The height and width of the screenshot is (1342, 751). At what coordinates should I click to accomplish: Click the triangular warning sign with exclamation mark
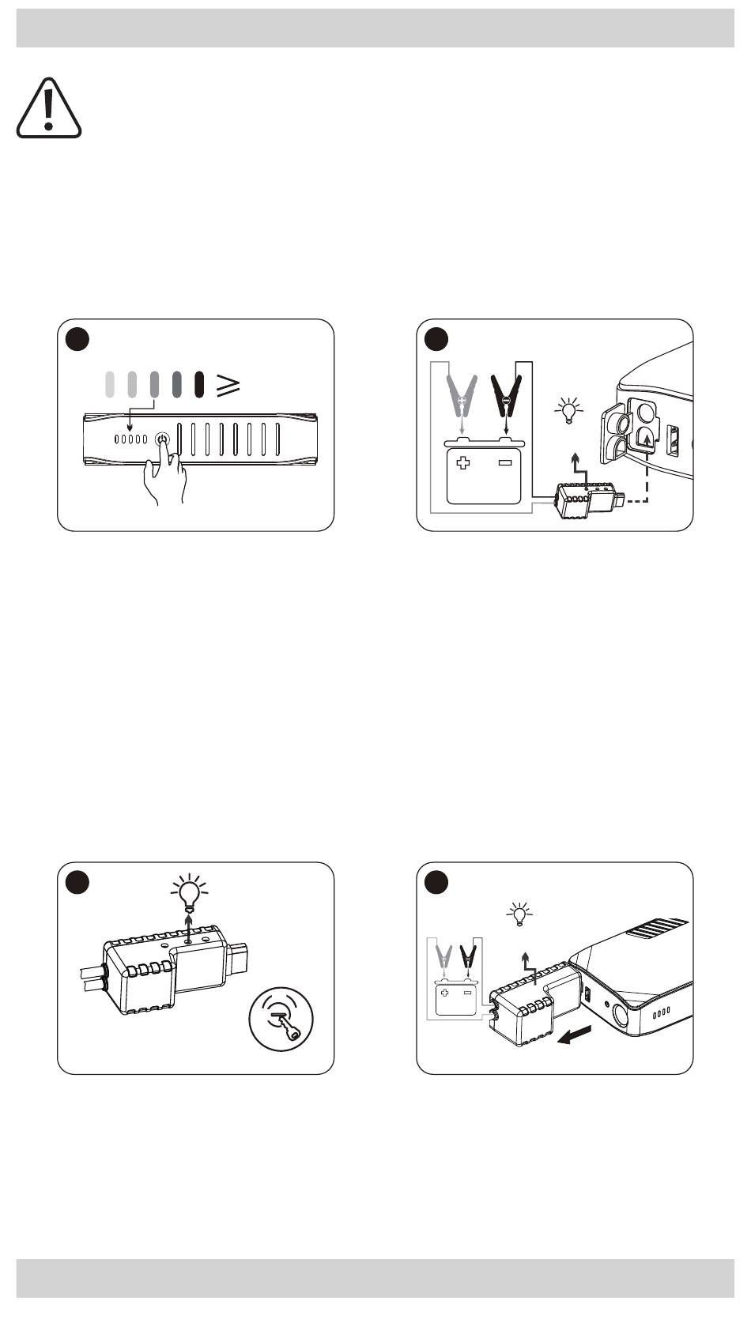[49, 111]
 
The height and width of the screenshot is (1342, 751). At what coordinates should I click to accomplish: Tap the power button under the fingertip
[162, 439]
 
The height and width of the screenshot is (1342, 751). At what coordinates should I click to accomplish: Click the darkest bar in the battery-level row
[200, 383]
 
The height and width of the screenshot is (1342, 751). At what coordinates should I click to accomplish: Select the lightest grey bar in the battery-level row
[110, 383]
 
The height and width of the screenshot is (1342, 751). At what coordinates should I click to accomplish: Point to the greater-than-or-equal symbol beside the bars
[228, 384]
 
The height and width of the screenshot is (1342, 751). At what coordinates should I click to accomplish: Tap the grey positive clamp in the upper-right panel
[462, 395]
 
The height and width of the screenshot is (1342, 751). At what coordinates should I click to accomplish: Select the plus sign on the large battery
[463, 462]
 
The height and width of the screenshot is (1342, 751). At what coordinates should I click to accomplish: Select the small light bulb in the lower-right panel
[519, 914]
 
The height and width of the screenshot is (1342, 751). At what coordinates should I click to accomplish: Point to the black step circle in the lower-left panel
[77, 882]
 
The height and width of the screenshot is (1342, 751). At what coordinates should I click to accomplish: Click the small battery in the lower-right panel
[455, 997]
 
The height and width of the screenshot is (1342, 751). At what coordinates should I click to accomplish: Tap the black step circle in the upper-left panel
[77, 339]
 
